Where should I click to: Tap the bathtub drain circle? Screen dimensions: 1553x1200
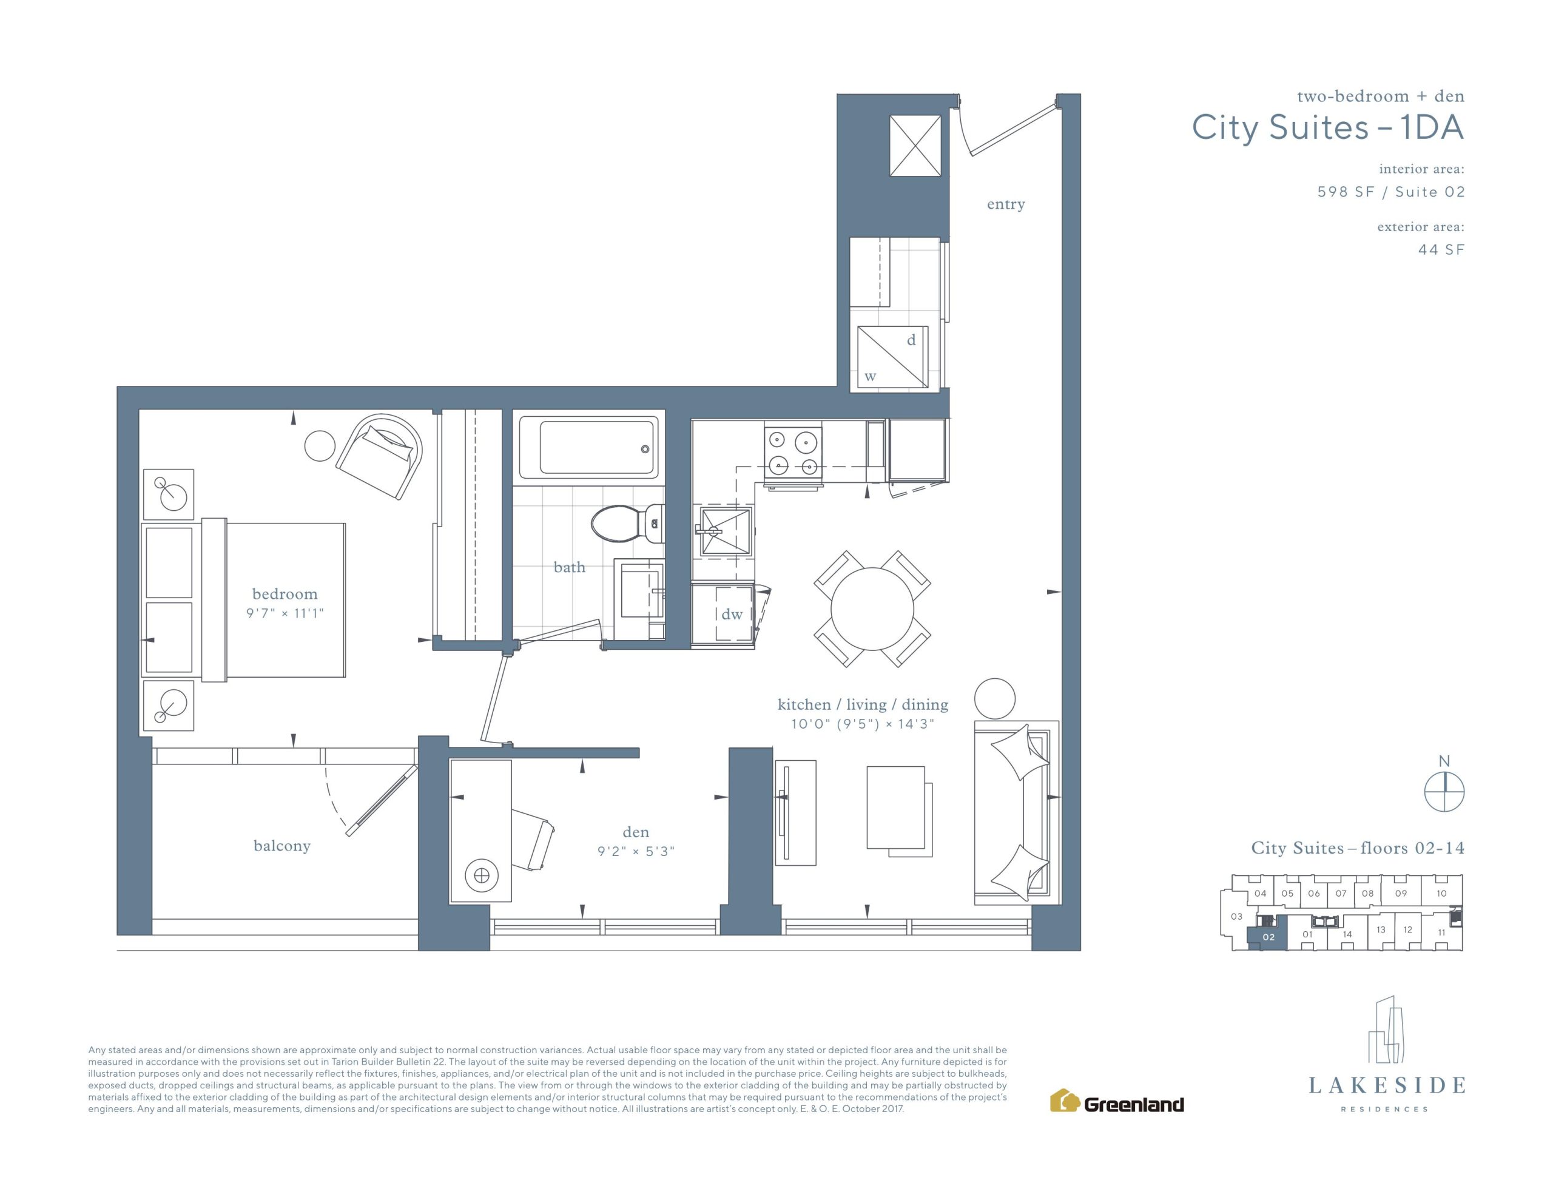pyautogui.click(x=645, y=449)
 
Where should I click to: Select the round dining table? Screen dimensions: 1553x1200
pyautogui.click(x=872, y=609)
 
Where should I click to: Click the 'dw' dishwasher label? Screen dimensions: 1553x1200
pyautogui.click(x=732, y=614)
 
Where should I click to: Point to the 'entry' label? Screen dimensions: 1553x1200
pyautogui.click(x=1005, y=205)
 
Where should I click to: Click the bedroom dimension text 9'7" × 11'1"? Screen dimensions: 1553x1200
pyautogui.click(x=285, y=613)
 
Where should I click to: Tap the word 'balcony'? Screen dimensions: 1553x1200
pyautogui.click(x=282, y=846)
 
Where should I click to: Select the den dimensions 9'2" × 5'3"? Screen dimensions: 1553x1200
pyautogui.click(x=636, y=851)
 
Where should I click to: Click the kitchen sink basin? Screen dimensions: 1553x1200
pyautogui.click(x=726, y=531)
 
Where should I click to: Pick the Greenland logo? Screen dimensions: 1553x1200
pyautogui.click(x=1116, y=1102)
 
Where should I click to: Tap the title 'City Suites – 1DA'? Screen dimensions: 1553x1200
pyautogui.click(x=1327, y=128)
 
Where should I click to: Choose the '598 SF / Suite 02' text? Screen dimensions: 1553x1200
pyautogui.click(x=1391, y=192)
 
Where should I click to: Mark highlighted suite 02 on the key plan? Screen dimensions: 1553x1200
pyautogui.click(x=1268, y=937)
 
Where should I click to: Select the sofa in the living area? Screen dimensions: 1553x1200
pyautogui.click(x=1016, y=812)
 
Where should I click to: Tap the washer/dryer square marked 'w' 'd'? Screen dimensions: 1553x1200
pyautogui.click(x=892, y=357)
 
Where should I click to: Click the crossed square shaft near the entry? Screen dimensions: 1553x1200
pyautogui.click(x=915, y=146)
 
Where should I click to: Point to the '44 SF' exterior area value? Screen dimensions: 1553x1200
pyautogui.click(x=1441, y=250)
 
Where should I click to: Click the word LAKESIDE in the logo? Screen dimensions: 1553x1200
pyautogui.click(x=1387, y=1085)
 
